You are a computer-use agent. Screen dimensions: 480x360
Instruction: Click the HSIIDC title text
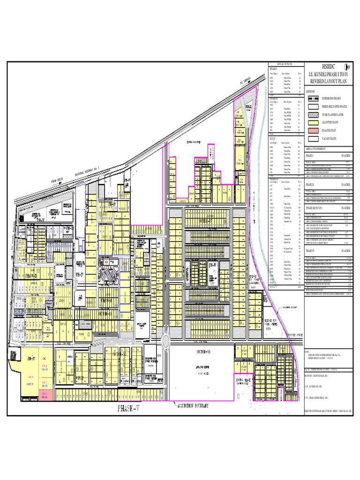click(326, 67)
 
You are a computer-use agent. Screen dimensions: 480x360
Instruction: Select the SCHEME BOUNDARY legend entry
click(331, 99)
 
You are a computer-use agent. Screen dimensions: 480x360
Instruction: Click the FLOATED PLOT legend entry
click(330, 131)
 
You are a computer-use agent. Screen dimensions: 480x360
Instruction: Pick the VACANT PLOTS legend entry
click(330, 139)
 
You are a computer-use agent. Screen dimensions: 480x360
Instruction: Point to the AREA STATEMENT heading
click(318, 148)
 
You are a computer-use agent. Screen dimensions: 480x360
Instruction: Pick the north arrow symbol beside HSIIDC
click(348, 67)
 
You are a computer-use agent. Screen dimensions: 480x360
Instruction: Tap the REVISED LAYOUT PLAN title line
click(327, 80)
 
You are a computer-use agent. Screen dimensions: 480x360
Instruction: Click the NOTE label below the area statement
click(307, 351)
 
